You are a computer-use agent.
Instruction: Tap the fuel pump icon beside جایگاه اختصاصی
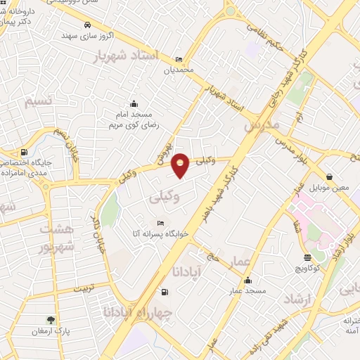pos(25,152)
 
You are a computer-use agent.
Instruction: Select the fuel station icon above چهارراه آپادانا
pos(165,292)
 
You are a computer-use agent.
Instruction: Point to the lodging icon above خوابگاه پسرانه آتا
pos(160,223)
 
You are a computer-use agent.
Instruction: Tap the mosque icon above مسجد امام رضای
pos(134,104)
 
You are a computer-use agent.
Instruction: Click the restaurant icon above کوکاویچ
pos(307,257)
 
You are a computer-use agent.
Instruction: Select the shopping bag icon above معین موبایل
pos(330,177)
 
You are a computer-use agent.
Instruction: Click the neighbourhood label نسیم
pos(39,102)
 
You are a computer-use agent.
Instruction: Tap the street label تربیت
pos(98,288)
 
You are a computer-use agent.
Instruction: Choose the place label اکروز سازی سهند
pos(87,35)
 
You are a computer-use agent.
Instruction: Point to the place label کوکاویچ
pos(308,269)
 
